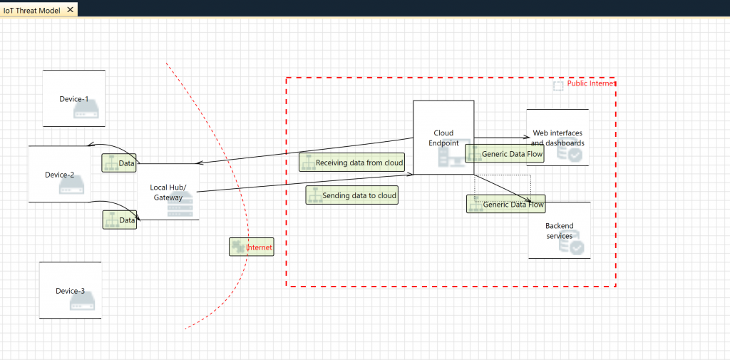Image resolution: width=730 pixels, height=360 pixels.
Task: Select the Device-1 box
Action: coord(73,98)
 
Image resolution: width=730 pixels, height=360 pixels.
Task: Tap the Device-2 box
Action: coord(59,174)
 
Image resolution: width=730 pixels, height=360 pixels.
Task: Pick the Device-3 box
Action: coord(70,290)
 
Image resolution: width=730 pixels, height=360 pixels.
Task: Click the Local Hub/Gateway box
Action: coord(168,192)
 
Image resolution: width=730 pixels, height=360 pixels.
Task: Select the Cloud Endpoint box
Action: coord(443,137)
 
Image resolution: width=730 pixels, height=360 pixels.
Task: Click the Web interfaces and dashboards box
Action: coord(557,138)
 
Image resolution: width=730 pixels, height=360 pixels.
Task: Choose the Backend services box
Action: coord(559,230)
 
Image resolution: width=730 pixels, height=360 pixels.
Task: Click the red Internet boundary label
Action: coord(259,247)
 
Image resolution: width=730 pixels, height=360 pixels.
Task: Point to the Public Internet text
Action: coord(591,83)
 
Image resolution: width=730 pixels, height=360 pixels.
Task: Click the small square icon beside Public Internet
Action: coord(558,85)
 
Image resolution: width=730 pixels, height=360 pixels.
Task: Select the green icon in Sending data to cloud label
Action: coord(314,195)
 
